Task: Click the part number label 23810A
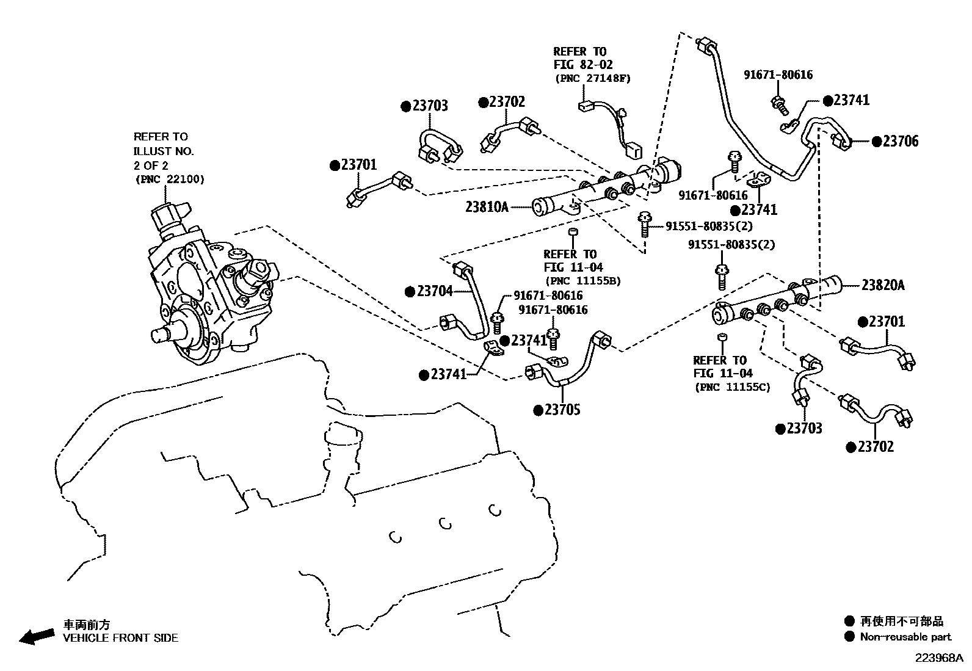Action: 487,207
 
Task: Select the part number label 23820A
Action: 883,285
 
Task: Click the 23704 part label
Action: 435,291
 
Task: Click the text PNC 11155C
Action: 732,387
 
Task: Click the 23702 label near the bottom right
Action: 876,447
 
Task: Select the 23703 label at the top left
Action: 430,106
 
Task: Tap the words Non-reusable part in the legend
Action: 905,637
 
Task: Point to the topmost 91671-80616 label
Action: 778,75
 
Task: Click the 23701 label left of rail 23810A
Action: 359,165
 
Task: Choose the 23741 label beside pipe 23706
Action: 851,101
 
